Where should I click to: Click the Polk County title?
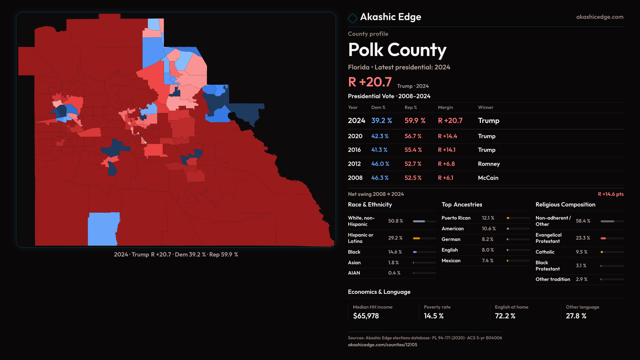[397, 50]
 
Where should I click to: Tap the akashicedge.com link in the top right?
[599, 17]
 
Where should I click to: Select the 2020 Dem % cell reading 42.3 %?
[380, 136]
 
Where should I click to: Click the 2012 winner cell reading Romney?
[489, 164]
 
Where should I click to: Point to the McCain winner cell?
[488, 178]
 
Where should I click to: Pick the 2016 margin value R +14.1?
[446, 150]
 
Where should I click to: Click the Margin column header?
[445, 107]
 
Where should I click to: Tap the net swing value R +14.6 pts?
[610, 194]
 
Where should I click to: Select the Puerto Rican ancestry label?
[456, 218]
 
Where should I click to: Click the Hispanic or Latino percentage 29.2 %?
[395, 238]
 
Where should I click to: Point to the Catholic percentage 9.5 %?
[581, 252]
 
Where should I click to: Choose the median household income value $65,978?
[366, 316]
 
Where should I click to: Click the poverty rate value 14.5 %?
[434, 316]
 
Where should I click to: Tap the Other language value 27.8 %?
[576, 316]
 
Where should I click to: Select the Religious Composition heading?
[565, 205]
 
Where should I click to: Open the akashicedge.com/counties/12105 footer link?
[382, 345]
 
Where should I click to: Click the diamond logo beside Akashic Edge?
[352, 18]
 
